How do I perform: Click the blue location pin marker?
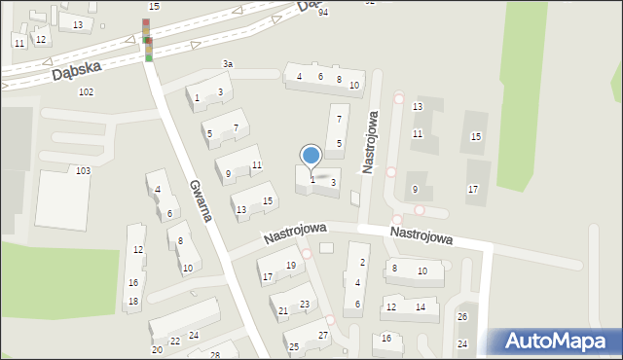tap(311, 156)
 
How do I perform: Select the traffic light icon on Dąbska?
tap(147, 39)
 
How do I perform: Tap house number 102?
tap(86, 91)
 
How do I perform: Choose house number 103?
tap(83, 170)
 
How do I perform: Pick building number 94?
tap(323, 12)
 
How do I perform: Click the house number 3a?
tap(228, 64)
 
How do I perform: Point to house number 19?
tap(291, 265)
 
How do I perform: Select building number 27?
tap(323, 336)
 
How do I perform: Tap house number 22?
tap(175, 342)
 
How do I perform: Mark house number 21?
tap(283, 311)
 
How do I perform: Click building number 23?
tap(305, 305)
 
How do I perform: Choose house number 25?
tap(294, 346)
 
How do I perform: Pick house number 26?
tap(462, 317)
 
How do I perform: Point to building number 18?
tap(132, 302)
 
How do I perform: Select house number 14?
tap(421, 306)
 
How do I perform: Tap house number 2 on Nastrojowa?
tap(363, 262)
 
